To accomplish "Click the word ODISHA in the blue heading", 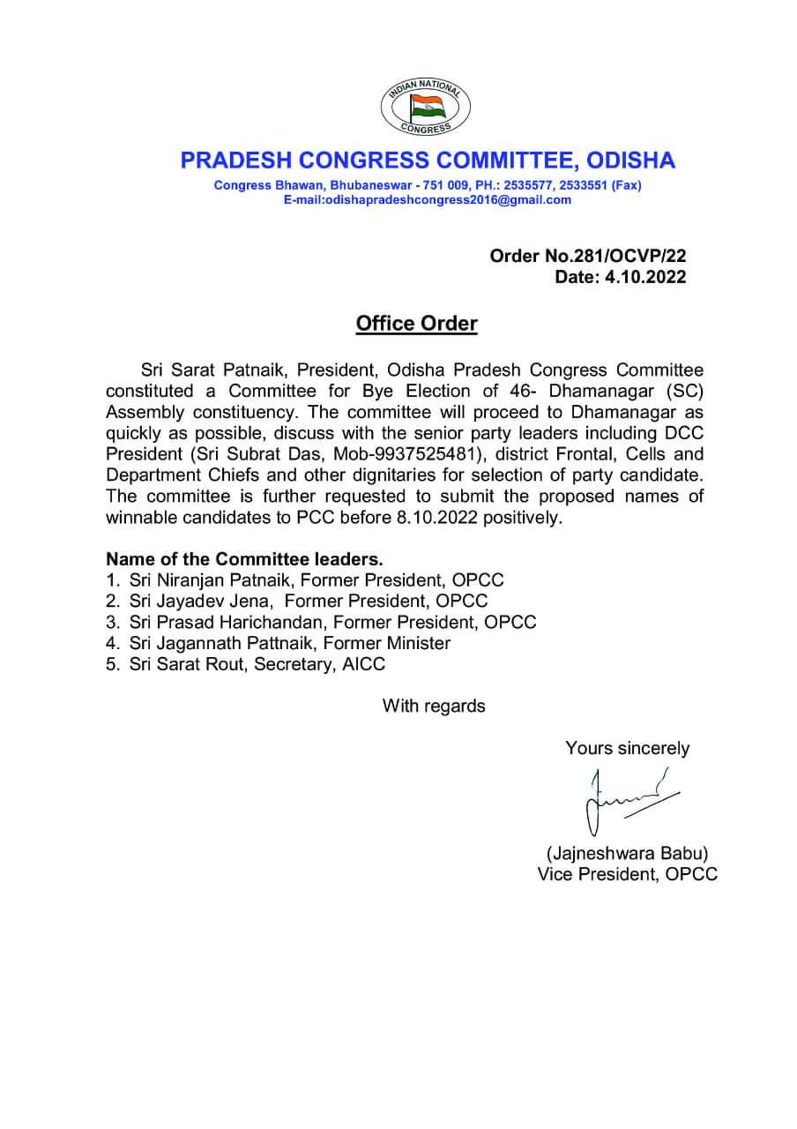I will [x=625, y=161].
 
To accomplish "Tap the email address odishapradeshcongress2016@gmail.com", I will [x=427, y=200].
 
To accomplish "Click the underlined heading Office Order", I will [x=416, y=324].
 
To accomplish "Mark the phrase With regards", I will [x=433, y=706].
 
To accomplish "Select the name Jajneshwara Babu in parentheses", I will [x=627, y=853].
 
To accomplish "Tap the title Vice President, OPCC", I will [x=627, y=874].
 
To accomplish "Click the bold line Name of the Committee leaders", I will [x=245, y=559].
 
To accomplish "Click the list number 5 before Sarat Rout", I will [x=111, y=664].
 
